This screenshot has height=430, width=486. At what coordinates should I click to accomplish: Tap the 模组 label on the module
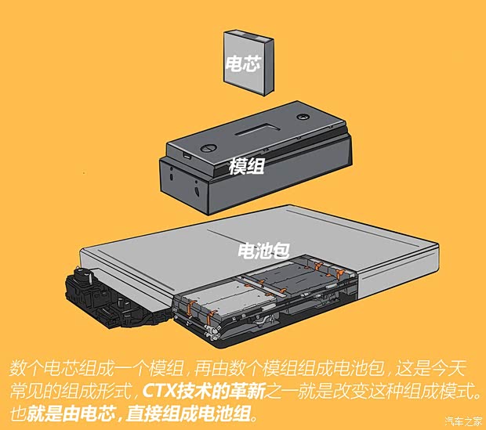246,166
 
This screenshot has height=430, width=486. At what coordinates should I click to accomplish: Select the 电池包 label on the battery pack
263,251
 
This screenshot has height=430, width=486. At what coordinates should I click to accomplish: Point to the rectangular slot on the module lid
259,125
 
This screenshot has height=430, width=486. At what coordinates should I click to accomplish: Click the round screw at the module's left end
207,146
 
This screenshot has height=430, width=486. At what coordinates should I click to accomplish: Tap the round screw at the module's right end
303,115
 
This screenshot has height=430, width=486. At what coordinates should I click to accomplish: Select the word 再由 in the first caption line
215,367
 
